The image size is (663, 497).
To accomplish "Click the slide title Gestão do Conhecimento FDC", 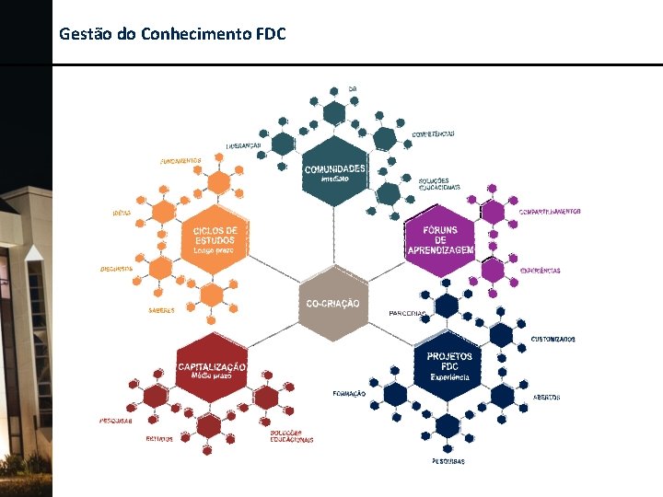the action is (x=172, y=34).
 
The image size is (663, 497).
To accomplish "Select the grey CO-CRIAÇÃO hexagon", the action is (x=332, y=303).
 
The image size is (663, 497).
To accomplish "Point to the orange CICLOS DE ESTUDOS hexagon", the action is (x=215, y=239).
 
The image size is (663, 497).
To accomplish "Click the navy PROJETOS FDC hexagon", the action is (x=449, y=365).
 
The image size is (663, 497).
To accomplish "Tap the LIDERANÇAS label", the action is (x=244, y=145).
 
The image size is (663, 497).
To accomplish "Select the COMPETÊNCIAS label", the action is (x=433, y=134).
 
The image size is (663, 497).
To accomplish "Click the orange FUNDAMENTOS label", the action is (x=180, y=161).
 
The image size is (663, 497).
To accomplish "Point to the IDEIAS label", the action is (x=122, y=214).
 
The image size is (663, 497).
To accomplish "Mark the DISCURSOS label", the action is (x=116, y=269).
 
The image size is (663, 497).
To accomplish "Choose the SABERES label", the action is (x=161, y=310).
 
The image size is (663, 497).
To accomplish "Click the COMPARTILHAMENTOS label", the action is (x=550, y=212).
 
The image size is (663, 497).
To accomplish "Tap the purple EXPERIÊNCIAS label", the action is (x=540, y=271).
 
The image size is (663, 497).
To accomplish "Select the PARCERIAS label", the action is (x=407, y=313).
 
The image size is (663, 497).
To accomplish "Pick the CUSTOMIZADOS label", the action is (x=552, y=339).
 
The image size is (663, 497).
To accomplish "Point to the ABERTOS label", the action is (x=546, y=397).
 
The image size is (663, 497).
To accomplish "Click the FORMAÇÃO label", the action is (x=349, y=393).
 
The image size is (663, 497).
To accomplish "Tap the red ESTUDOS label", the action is (x=159, y=439).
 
